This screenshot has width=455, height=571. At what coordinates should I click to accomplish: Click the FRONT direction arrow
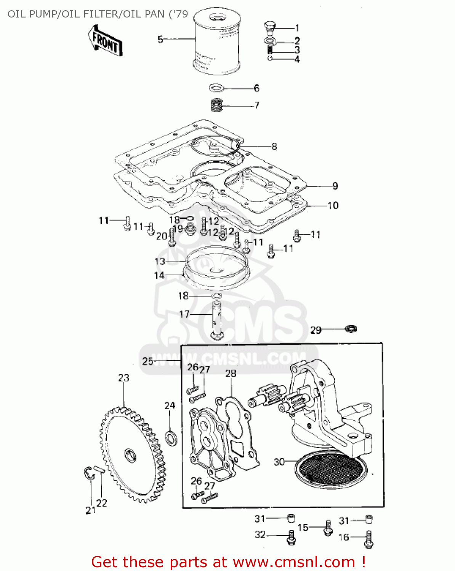104,41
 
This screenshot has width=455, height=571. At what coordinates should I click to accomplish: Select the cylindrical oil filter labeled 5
216,42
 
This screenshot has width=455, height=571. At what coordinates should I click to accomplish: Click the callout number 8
274,147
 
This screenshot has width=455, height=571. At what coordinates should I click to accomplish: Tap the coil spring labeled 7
217,105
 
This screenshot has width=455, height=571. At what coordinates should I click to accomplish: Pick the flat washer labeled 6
217,88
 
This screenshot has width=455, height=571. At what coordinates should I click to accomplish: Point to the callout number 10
333,206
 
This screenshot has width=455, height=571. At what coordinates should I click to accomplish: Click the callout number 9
335,186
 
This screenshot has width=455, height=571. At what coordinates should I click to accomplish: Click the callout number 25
148,361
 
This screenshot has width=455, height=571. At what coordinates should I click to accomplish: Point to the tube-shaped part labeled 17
216,320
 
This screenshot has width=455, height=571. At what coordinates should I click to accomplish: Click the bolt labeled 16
368,539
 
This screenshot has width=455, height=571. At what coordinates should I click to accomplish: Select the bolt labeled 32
291,536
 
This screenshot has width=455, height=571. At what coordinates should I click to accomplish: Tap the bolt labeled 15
327,528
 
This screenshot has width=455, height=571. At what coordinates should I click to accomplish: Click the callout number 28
231,373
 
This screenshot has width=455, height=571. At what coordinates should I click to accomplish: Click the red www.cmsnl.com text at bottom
294,562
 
